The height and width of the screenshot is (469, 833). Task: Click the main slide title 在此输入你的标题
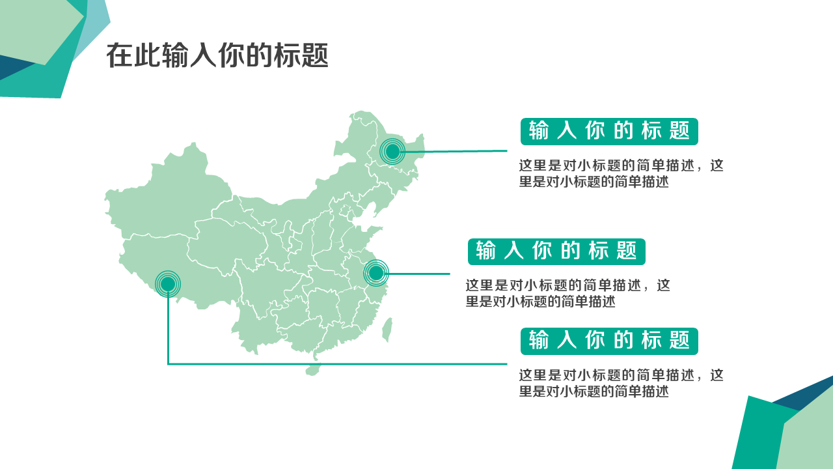coord(217,56)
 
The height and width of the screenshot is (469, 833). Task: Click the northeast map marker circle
coord(392,152)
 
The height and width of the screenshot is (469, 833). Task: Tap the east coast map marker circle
coord(376,273)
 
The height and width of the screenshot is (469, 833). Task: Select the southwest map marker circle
coord(168,283)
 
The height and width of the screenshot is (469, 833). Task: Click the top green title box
coord(609,132)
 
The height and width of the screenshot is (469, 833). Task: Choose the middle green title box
coord(556,251)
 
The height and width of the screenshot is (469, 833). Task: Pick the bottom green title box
coord(609,341)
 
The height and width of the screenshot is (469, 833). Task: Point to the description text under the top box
coord(620,174)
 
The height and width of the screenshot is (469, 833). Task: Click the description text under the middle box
coord(567,293)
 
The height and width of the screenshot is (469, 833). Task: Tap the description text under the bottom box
coord(620,383)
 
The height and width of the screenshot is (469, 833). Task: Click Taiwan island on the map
coord(387,330)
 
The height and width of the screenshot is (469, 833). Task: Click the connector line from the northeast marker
coord(456,151)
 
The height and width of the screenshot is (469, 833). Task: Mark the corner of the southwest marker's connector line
coord(168,363)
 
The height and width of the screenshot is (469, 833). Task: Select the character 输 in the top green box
coord(539,132)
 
